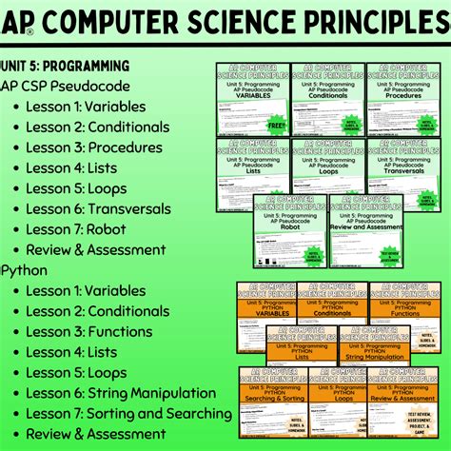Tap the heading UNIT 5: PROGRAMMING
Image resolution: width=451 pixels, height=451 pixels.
tap(66, 66)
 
